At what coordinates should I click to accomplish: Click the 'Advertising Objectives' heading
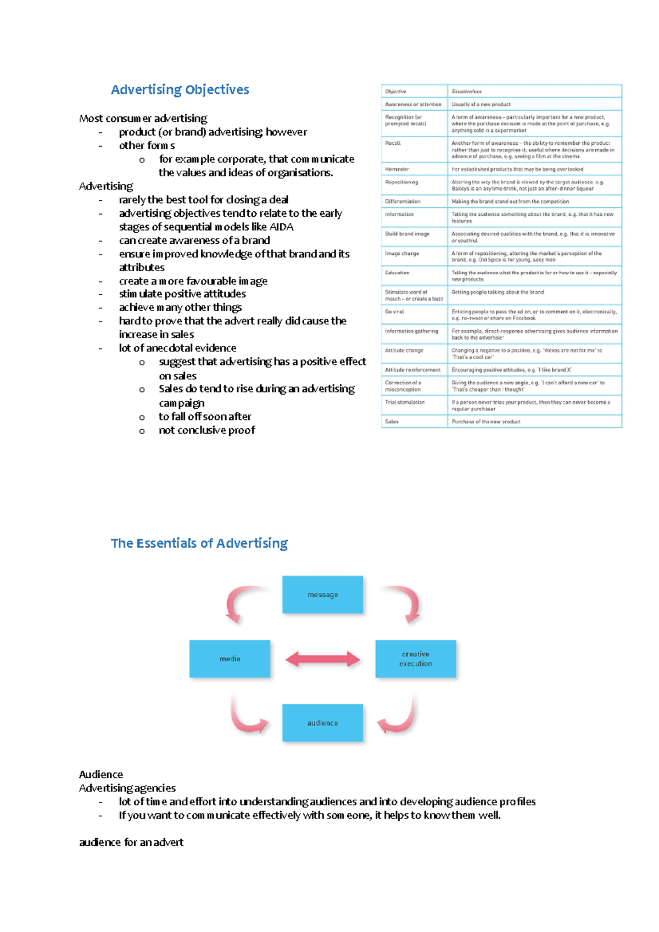(x=180, y=89)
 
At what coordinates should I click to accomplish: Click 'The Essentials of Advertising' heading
(x=199, y=543)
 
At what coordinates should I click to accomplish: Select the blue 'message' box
(x=322, y=594)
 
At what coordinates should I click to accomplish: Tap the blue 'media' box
(x=230, y=659)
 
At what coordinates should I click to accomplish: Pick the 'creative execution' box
(x=416, y=659)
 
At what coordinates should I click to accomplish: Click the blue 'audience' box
(x=322, y=723)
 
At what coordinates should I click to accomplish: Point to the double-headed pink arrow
(x=322, y=659)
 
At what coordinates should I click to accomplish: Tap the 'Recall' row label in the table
(x=393, y=143)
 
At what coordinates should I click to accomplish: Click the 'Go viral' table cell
(x=394, y=312)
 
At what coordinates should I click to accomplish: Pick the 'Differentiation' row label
(x=403, y=201)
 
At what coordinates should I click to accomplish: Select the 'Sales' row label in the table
(x=392, y=422)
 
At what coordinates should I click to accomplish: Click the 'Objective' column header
(x=395, y=92)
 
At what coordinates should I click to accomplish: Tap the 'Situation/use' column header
(x=467, y=92)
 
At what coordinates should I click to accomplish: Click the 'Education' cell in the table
(x=397, y=273)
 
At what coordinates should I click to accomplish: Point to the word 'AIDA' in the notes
(x=281, y=227)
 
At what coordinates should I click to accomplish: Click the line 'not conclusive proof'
(x=206, y=430)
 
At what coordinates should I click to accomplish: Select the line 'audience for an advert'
(x=131, y=843)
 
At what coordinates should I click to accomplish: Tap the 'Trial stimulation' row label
(x=405, y=402)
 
